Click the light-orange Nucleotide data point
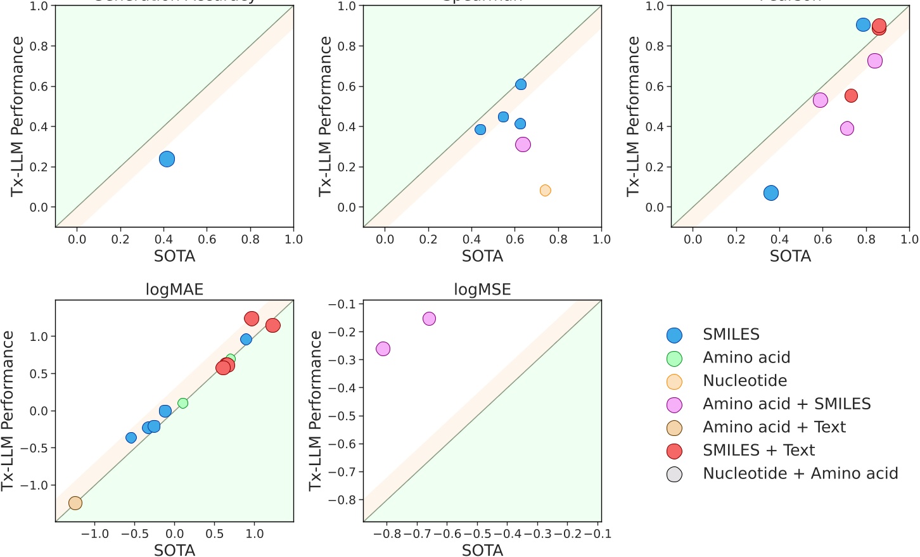545,191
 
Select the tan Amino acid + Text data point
75,503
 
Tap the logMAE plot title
174,290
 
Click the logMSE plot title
482,290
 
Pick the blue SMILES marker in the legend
675,335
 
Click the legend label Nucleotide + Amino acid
800,473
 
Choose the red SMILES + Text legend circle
675,451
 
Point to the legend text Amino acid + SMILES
786,404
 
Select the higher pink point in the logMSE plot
429,319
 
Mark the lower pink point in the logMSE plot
383,349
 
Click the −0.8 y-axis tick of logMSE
342,500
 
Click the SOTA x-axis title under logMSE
482,550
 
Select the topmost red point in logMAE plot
252,319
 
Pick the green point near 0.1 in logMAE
183,403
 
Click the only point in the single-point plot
167,159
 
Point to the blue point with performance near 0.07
771,193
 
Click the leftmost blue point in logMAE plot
131,438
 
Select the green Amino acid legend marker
675,359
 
